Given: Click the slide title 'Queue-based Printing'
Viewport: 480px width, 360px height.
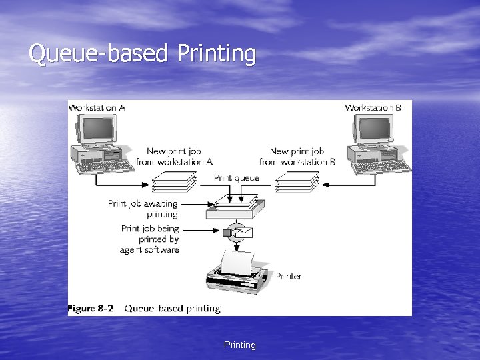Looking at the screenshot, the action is pos(142,54).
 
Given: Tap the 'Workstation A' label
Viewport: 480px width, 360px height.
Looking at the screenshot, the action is pos(97,107).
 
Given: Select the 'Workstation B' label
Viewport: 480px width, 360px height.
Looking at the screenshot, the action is pos(373,107).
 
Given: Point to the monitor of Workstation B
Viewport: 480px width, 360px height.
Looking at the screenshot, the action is pos(374,129).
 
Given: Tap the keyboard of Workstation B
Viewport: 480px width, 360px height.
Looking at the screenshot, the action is pos(383,167).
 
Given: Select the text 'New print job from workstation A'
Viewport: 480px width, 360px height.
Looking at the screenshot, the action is pos(174,156).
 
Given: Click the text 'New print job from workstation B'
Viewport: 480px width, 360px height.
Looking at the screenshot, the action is pos(297,156).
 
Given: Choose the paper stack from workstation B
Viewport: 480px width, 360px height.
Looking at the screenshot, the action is pos(297,181).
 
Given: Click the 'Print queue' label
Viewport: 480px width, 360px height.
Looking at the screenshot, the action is pos(237,178).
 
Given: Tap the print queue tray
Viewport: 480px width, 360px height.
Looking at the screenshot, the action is pos(236,208).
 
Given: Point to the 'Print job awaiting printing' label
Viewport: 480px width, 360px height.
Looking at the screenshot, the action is pos(143,209).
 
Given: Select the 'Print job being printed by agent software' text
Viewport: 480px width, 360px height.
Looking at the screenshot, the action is pos(149,239).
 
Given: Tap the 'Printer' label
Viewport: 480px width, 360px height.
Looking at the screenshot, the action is pos(288,276).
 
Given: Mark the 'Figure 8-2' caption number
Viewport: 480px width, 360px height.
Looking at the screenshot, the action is pos(91,308).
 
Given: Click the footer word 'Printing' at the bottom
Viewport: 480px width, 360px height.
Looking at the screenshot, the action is pos(239,345).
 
